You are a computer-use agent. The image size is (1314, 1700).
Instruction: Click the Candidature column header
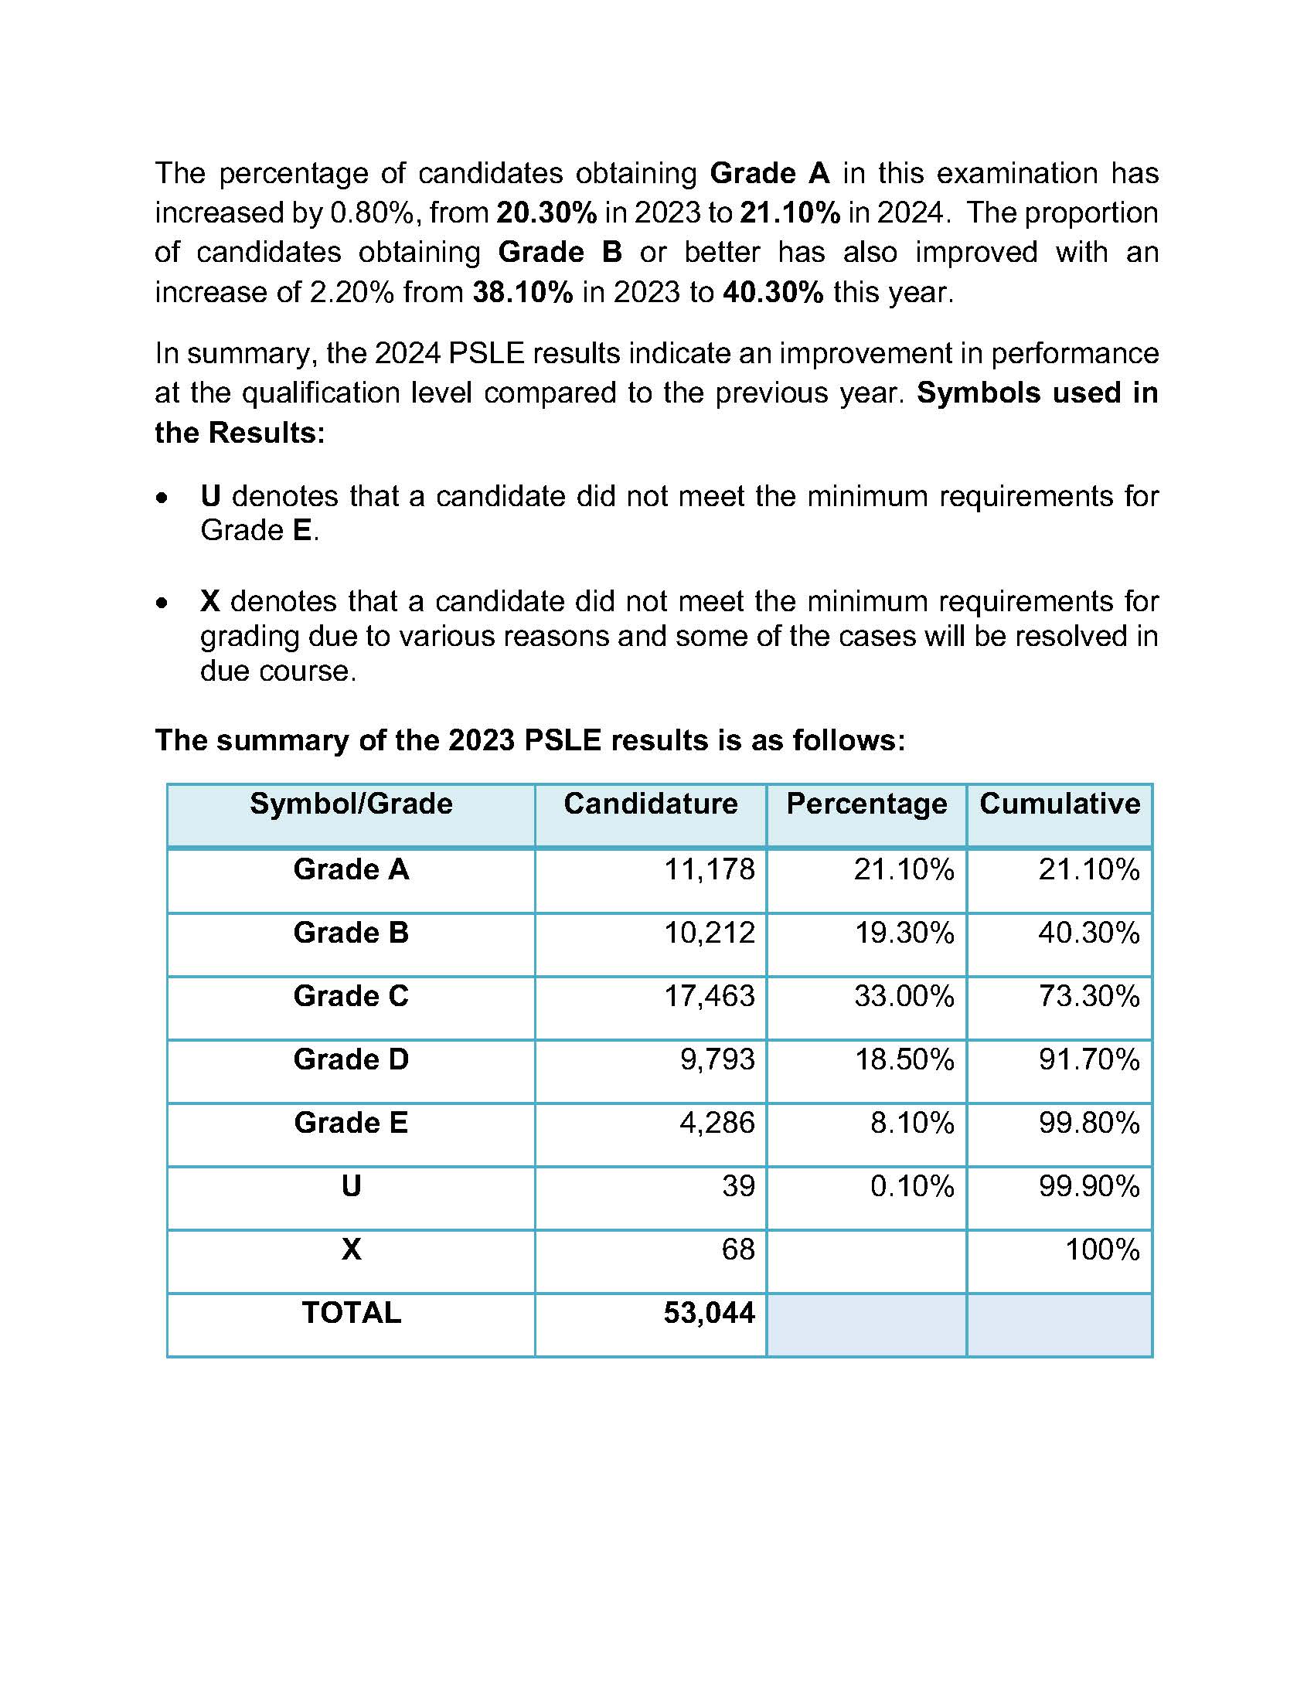(650, 804)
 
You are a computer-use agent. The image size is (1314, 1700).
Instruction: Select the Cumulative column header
(1060, 804)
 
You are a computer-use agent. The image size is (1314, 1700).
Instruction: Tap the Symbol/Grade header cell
(351, 804)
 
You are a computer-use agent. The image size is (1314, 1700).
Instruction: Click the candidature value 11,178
(708, 869)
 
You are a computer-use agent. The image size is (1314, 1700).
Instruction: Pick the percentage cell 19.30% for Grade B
(904, 933)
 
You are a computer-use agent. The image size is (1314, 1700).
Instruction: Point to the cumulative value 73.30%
(1088, 996)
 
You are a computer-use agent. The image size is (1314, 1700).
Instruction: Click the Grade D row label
(351, 1059)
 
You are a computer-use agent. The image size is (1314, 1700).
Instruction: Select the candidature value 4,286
(717, 1124)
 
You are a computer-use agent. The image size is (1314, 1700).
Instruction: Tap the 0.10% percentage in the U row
(911, 1186)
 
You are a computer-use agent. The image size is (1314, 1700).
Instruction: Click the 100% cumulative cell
(1101, 1250)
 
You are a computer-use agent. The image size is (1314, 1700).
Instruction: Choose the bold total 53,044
(708, 1313)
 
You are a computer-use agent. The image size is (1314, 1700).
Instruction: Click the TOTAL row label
(351, 1313)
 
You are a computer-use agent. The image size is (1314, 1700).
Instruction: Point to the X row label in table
(351, 1250)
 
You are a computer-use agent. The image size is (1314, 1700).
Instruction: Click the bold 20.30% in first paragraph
(546, 212)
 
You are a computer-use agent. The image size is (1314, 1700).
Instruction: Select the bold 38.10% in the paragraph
(523, 293)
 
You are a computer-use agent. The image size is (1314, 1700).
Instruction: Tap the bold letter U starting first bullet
(210, 496)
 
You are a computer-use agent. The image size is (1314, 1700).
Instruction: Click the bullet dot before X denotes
(161, 603)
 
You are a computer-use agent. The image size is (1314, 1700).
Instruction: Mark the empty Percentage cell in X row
(866, 1261)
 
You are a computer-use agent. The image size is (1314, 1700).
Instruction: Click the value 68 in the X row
(737, 1250)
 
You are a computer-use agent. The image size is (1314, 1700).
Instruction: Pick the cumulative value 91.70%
(1088, 1059)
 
